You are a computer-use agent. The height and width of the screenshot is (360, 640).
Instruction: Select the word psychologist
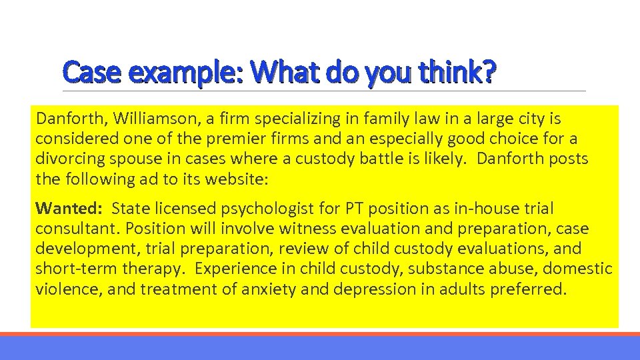click(267, 209)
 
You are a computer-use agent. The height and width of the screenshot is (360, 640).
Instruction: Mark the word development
click(79, 249)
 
